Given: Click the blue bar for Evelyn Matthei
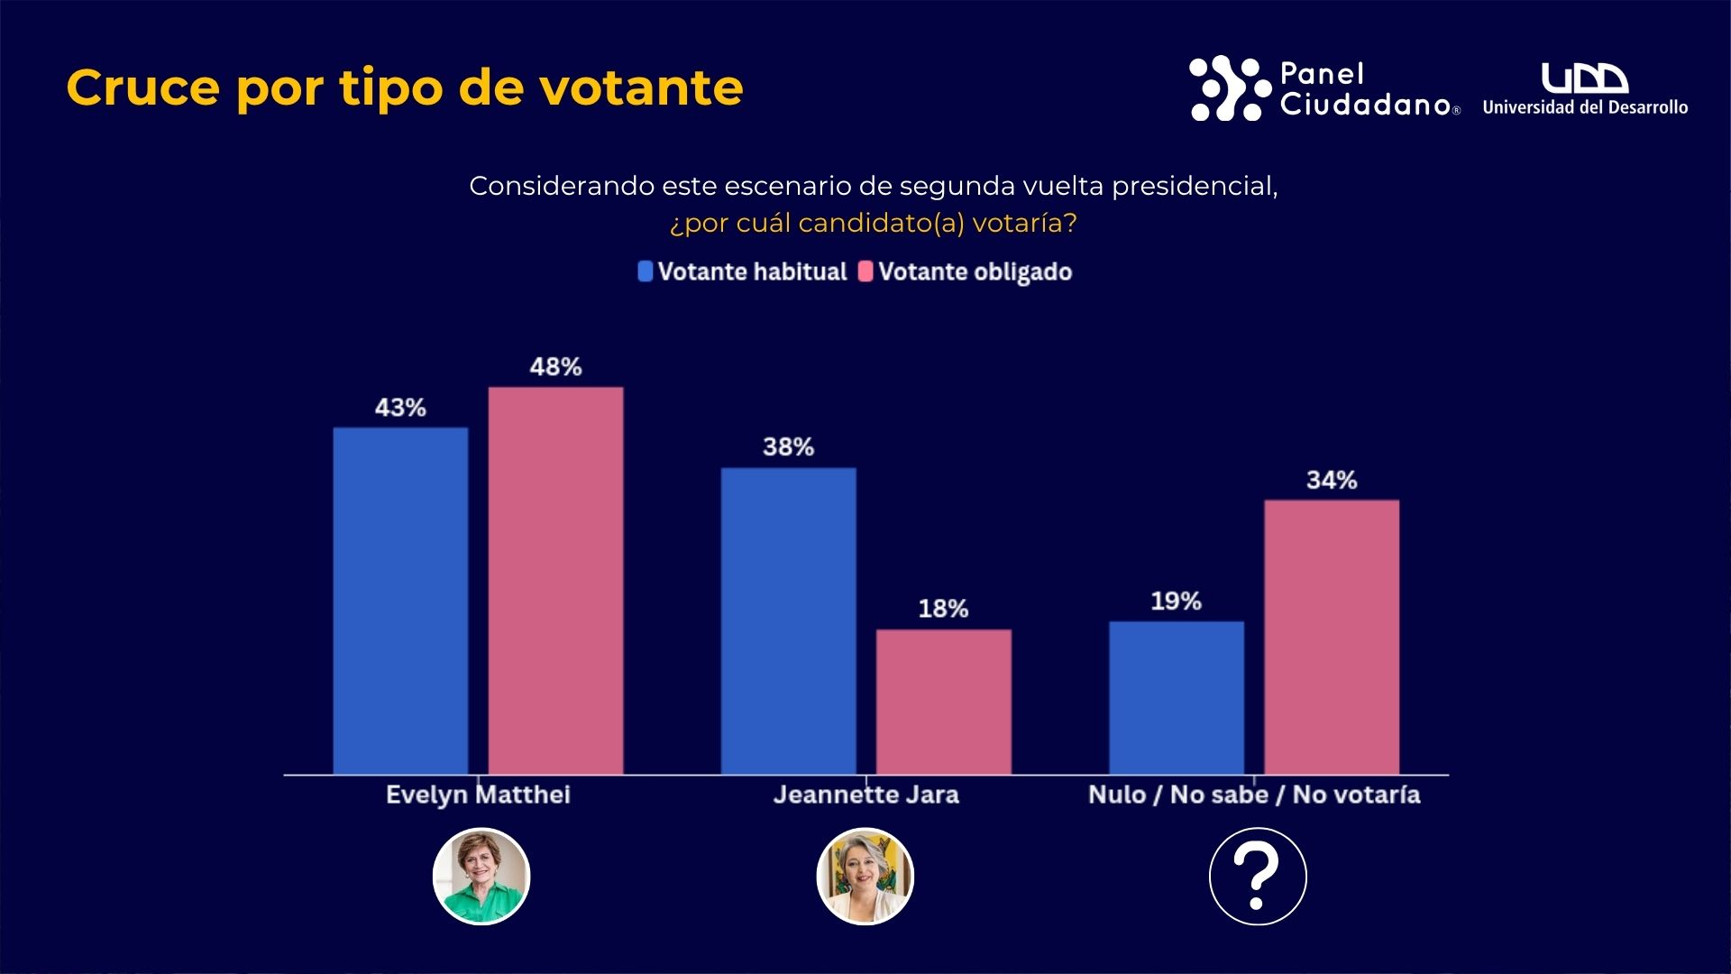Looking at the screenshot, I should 400,601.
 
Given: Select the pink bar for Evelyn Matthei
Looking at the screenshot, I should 555,581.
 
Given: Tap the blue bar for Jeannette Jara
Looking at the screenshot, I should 788,620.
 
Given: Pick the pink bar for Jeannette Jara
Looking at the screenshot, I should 943,702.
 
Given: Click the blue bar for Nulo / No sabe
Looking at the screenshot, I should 1176,697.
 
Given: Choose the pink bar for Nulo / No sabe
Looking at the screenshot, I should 1332,637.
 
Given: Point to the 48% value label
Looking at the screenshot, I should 555,367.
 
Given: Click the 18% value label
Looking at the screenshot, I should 943,609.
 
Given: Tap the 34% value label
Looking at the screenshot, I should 1332,480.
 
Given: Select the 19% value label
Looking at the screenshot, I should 1176,602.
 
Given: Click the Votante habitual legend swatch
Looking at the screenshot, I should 646,271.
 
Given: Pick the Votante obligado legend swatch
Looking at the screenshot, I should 865,271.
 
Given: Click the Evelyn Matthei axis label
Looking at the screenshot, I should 478,795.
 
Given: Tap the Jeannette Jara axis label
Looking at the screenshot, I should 865,795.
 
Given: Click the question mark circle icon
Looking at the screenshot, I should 1258,876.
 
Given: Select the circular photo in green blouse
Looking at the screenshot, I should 481,876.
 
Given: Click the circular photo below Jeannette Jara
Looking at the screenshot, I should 865,876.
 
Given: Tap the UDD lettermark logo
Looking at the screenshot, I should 1584,78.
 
